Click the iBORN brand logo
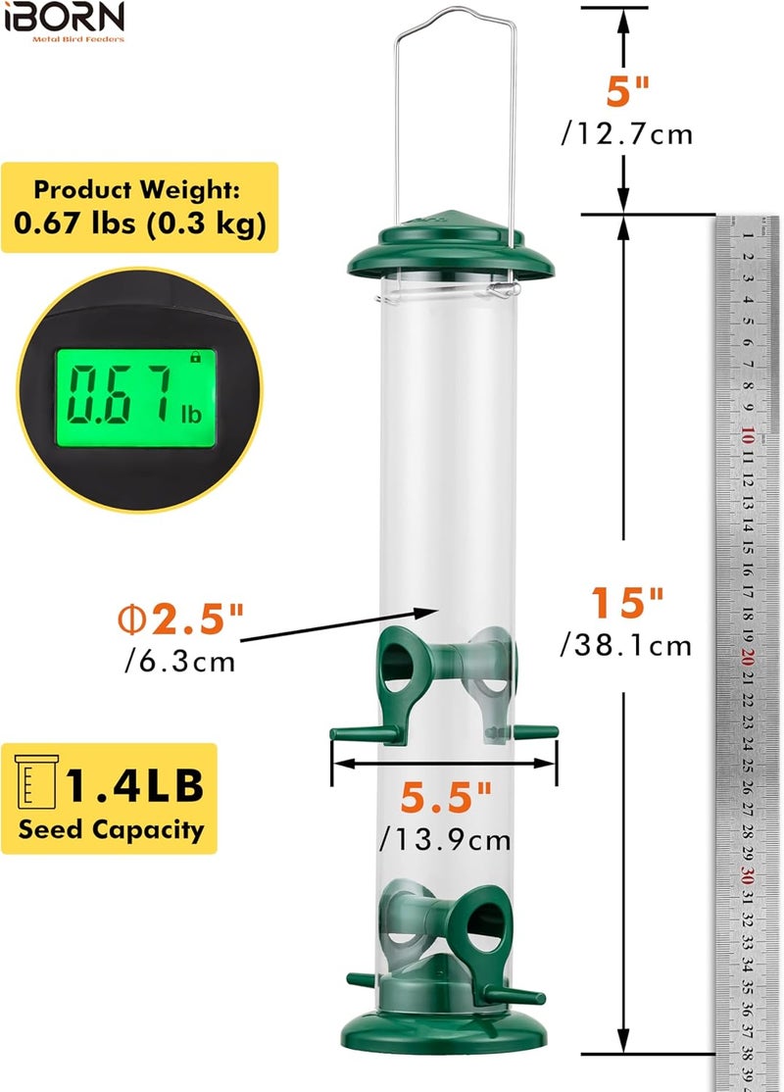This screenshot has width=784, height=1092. click(64, 22)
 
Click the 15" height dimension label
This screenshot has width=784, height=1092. click(627, 602)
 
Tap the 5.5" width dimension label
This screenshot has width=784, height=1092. click(446, 796)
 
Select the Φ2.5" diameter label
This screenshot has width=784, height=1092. click(181, 618)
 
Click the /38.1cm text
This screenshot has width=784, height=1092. click(626, 646)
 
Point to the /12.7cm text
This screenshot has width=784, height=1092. click(627, 133)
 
